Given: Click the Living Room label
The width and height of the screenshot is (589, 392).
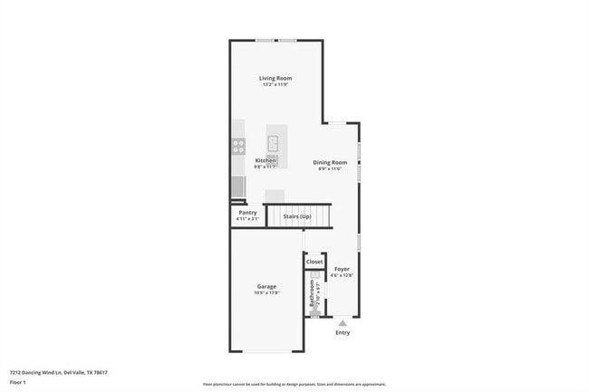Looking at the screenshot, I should coord(275,79).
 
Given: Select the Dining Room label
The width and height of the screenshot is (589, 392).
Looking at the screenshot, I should coord(330,162).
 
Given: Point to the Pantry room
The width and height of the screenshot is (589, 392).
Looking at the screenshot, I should coord(247,213).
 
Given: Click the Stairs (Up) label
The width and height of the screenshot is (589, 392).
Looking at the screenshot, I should coord(297,217).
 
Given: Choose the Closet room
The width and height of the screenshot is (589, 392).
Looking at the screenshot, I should coord(314,262).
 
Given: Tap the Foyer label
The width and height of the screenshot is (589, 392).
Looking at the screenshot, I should coord(342,269).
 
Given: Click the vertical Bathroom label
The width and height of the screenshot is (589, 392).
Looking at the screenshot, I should coord(312,294).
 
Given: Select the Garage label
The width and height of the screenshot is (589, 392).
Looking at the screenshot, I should coord(266,287).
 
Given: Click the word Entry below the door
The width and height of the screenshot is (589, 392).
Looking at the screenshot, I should coord(343,333).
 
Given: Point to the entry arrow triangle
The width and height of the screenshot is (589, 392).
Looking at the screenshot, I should coord(343,322).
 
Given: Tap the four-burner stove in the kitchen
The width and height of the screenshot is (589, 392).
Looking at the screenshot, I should coord(238,144).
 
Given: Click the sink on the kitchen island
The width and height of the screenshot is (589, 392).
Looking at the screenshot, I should coord(273,143).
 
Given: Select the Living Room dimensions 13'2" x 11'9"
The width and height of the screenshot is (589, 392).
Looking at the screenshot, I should coord(275,85).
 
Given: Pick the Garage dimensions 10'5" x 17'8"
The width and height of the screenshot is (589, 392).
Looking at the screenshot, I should coord(266,293).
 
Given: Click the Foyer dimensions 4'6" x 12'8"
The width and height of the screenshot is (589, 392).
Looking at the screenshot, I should coord(342,275).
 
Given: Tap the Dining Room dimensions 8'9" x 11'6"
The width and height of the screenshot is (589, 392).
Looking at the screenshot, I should coord(330,168).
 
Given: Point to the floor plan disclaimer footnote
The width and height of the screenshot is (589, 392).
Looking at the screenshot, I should coord(294,385).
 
